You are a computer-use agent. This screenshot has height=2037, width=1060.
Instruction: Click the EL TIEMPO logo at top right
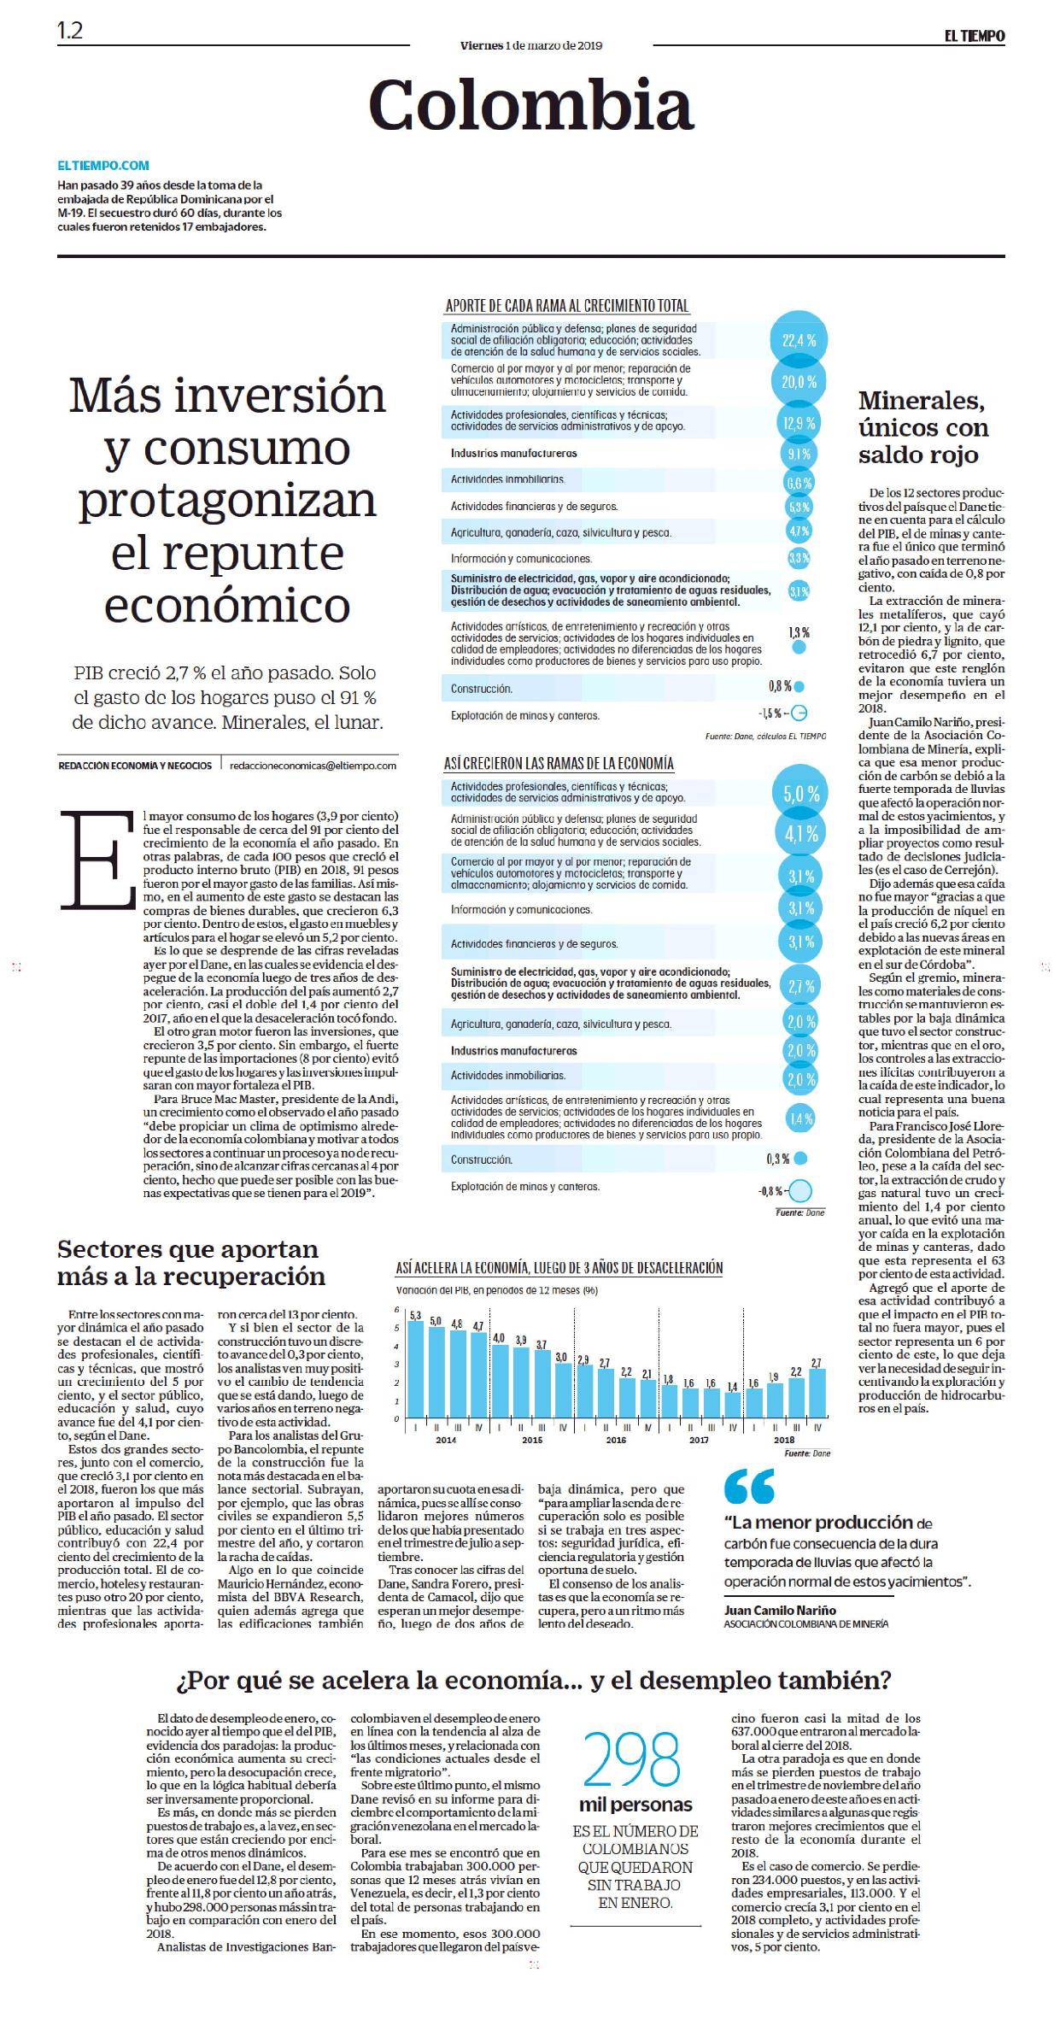click(x=974, y=36)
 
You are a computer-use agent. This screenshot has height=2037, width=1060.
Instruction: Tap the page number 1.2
click(x=70, y=32)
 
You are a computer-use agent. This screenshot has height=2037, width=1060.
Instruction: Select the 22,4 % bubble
click(x=799, y=339)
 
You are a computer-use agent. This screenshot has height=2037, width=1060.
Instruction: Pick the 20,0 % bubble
click(x=799, y=382)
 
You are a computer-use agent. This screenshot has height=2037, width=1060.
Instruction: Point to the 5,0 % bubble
click(x=800, y=794)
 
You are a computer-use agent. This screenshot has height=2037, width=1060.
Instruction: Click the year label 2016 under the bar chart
click(x=615, y=1440)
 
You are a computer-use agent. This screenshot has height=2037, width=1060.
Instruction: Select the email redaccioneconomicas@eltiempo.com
click(x=313, y=766)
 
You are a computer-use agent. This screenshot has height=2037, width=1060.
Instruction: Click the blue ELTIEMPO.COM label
click(x=103, y=166)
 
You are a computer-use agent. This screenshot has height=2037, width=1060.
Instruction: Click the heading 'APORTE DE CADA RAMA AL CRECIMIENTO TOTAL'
click(x=567, y=306)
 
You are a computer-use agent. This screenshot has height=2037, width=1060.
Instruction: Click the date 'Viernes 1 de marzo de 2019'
click(x=530, y=45)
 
